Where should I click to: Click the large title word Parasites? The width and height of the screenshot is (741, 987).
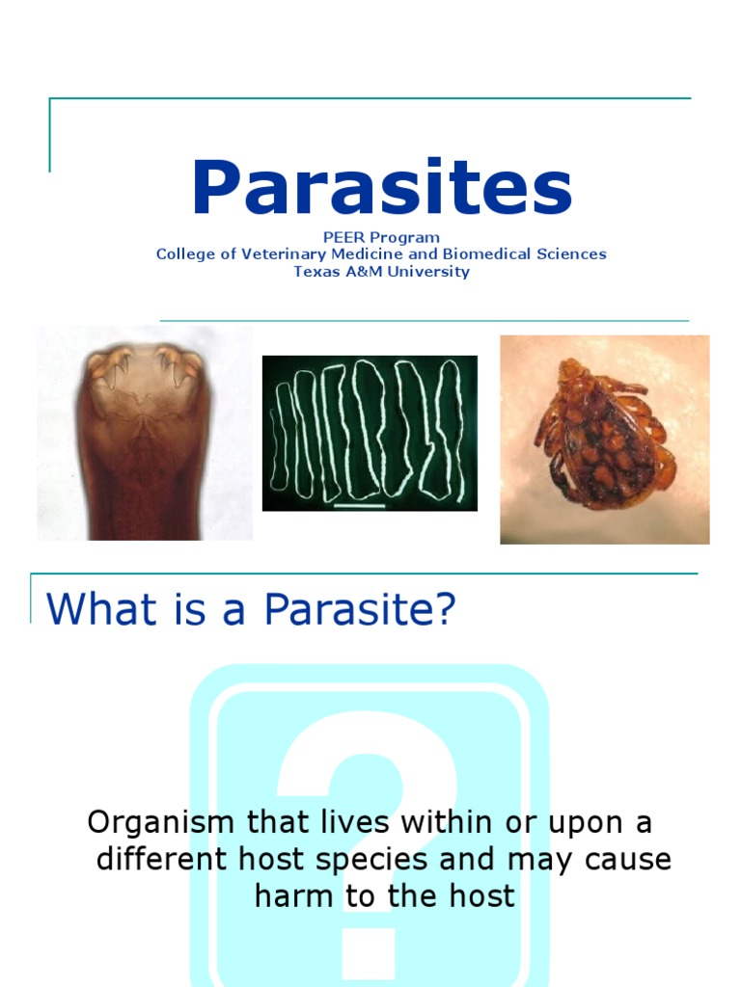[382, 189]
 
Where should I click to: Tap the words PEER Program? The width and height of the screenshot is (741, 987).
[382, 237]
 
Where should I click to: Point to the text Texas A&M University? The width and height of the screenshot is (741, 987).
[382, 272]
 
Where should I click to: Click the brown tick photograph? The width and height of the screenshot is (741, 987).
[604, 440]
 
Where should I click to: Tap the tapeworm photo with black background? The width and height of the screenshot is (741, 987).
[370, 433]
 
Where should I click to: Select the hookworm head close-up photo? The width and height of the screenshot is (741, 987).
[145, 433]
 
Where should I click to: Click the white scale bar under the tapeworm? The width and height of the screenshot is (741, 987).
[359, 504]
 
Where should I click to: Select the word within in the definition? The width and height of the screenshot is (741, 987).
[441, 822]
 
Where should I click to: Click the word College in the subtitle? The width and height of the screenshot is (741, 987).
[185, 254]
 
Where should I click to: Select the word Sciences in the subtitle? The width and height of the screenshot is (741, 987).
[573, 254]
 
